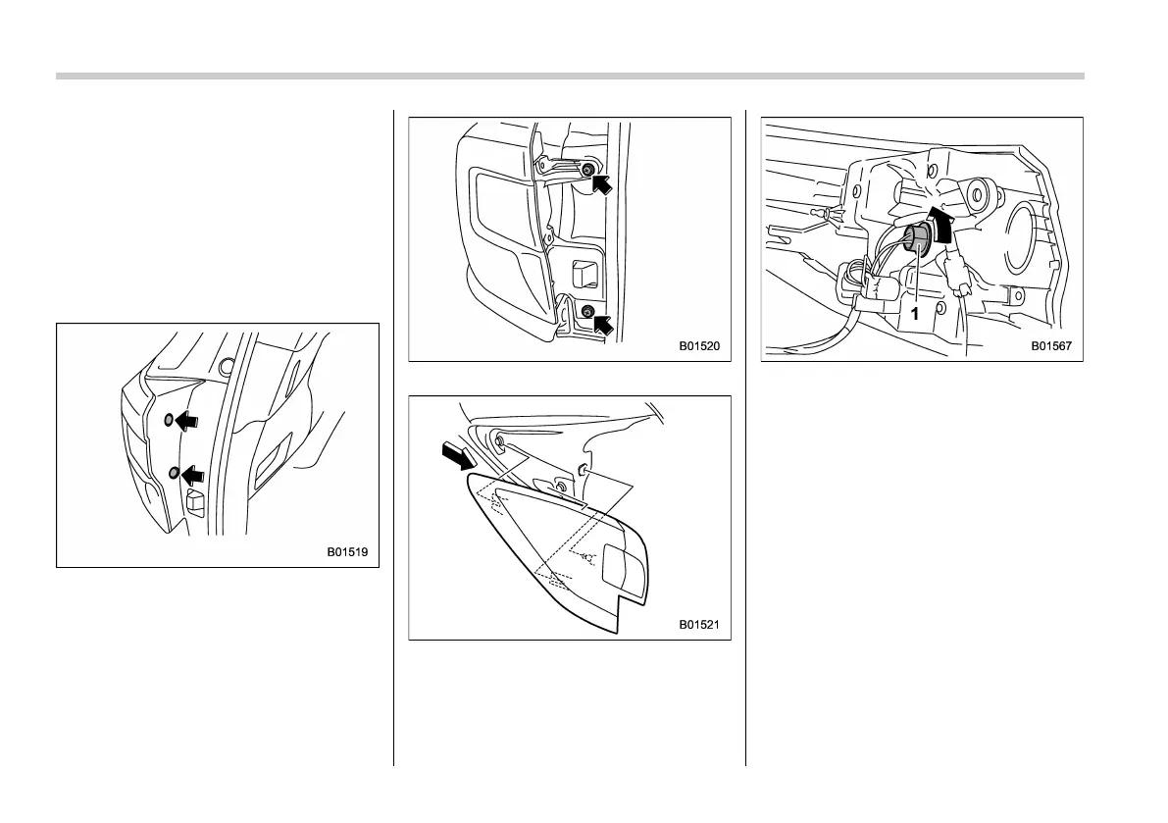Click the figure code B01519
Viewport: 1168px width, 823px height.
click(347, 552)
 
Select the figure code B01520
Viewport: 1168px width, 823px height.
click(699, 346)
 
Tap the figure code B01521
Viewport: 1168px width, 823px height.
click(699, 624)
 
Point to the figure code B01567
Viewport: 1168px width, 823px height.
click(1051, 346)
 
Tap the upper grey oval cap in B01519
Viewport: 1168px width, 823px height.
click(169, 419)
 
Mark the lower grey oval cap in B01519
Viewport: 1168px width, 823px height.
click(175, 474)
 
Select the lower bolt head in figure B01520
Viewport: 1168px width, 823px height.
click(586, 312)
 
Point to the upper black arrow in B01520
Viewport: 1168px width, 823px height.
click(605, 183)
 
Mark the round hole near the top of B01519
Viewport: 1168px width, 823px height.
click(228, 367)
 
